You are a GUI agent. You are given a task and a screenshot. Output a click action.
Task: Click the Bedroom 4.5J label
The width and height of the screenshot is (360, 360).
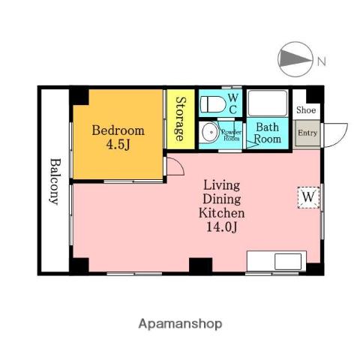118,137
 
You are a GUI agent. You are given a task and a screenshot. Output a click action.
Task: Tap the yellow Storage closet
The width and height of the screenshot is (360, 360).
181,119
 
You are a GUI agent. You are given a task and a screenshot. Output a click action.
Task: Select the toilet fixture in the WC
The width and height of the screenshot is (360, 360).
213,104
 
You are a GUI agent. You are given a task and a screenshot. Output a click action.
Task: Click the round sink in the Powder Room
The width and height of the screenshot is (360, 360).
211,132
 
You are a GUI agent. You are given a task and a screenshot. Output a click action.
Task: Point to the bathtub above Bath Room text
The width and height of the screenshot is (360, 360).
268,103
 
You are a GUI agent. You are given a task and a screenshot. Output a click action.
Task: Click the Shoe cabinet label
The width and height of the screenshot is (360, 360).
306,109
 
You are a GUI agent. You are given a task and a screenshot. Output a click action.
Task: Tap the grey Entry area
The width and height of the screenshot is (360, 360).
307,133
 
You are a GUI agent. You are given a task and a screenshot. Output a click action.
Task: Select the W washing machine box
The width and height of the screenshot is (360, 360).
308,197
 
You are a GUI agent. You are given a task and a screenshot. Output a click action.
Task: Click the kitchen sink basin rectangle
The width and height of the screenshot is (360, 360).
288,262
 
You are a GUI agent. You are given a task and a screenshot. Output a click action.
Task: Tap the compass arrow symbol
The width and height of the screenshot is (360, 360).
295,59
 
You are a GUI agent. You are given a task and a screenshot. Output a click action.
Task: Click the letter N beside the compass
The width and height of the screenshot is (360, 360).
322,61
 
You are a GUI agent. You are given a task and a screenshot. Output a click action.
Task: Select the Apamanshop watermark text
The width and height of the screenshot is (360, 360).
180,324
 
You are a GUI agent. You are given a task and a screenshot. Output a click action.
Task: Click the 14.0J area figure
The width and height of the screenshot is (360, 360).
221,227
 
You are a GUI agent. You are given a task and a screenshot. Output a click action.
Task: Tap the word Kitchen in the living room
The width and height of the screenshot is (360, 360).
222,213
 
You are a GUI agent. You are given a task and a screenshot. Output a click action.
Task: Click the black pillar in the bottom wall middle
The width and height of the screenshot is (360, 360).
200,266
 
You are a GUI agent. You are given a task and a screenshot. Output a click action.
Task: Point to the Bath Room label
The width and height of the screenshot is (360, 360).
268,133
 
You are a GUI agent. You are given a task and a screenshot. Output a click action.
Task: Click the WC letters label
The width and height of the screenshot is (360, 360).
233,104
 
